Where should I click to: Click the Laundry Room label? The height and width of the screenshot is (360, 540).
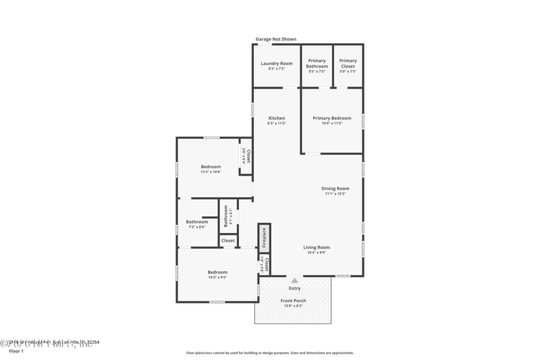[x=277, y=63]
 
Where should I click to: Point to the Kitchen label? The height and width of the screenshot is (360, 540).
[x=277, y=118]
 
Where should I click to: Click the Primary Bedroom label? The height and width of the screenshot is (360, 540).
[x=331, y=118]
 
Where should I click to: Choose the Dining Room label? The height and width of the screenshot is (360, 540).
[x=335, y=188]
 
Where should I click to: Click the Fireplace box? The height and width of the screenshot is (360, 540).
[x=264, y=238]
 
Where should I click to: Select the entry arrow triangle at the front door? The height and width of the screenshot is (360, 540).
[x=294, y=280]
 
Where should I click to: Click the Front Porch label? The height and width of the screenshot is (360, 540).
[x=294, y=301]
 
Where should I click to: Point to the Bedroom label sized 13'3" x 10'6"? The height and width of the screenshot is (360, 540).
[x=211, y=167]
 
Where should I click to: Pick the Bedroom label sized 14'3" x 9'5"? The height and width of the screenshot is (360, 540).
[x=217, y=272]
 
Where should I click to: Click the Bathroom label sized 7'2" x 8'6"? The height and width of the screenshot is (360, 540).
[x=197, y=222]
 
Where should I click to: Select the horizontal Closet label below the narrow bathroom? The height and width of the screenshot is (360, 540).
[x=228, y=240]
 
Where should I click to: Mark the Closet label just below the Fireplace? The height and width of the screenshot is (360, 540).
[x=267, y=265]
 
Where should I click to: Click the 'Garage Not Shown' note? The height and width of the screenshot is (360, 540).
[x=275, y=39]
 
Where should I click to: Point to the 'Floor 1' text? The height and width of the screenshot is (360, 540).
[x=16, y=351]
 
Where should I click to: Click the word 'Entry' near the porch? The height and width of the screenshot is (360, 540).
[x=294, y=288]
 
